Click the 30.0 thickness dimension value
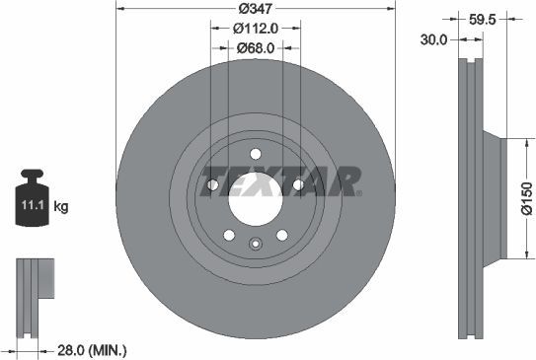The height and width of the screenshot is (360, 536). pos(434,39)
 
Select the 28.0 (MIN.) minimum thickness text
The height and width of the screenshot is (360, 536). pos(92,350)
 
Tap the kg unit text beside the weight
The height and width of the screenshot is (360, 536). pos(61,207)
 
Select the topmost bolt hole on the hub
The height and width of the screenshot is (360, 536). pos(256,153)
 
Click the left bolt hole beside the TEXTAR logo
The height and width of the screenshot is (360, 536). pos(211,183)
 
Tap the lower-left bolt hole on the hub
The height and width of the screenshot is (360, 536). pos(229,235)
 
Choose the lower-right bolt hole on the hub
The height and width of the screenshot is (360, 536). pos(282,235)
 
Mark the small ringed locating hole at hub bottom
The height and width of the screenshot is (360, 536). pos(256,245)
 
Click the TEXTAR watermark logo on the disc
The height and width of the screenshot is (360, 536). pos(280,183)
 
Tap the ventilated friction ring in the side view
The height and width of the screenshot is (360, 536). pos(468,197)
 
